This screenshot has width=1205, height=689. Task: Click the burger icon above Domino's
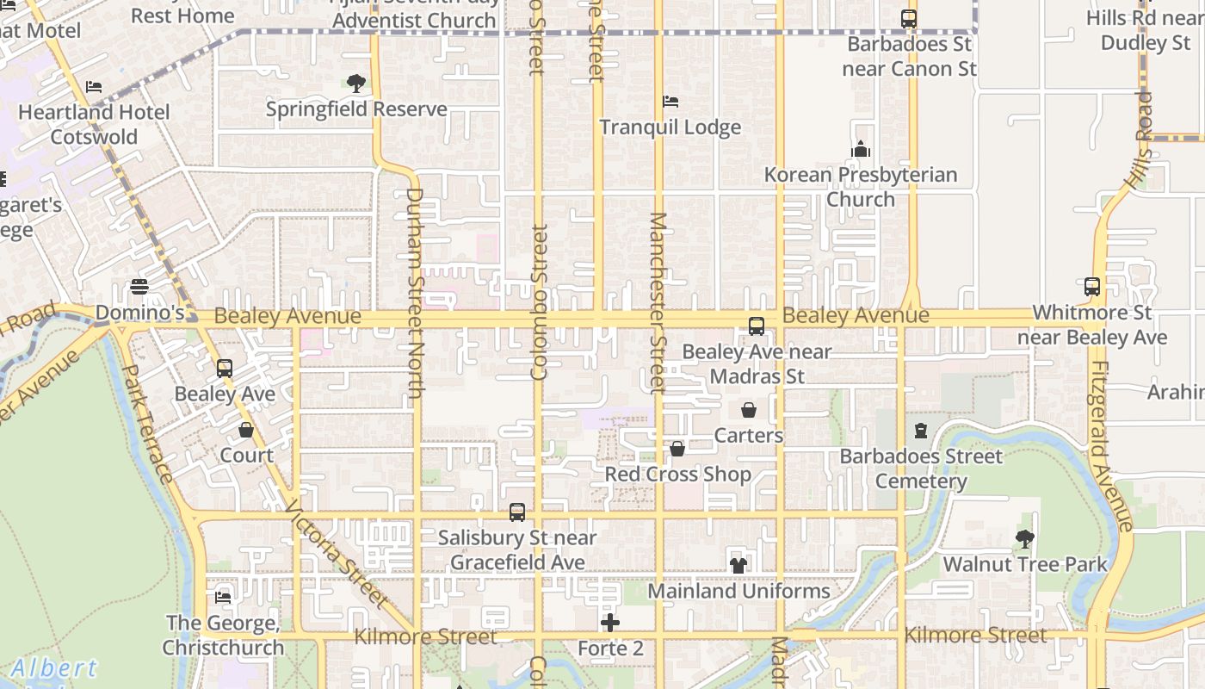[139, 287]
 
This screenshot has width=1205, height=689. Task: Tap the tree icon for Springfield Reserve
[355, 84]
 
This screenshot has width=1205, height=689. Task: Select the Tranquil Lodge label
[670, 127]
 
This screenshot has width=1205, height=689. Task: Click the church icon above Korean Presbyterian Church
[861, 149]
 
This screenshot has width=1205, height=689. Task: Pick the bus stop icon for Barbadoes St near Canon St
[908, 18]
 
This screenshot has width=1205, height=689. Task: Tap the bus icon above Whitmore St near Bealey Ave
[1091, 287]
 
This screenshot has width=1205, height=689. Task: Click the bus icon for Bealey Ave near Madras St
[757, 326]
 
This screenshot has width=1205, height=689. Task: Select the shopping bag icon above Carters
[749, 410]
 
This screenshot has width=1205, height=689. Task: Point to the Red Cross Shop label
[677, 475]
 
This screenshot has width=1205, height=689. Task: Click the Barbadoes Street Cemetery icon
[921, 431]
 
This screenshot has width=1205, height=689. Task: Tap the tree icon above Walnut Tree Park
[1024, 539]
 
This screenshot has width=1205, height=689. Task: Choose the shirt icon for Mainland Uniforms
[738, 565]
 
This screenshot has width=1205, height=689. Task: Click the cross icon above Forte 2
[610, 623]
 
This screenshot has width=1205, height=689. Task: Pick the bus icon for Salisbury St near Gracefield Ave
[516, 512]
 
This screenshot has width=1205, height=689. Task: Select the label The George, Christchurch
[223, 635]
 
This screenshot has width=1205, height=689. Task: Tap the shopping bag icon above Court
[246, 430]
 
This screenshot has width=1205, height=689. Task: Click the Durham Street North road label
[415, 293]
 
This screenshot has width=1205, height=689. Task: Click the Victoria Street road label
[337, 553]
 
